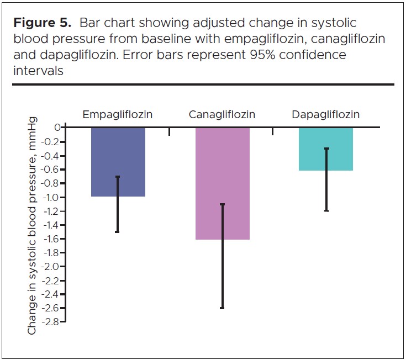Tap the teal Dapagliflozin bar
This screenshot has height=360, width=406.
coord(326,149)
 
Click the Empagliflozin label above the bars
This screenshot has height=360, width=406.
coord(117,115)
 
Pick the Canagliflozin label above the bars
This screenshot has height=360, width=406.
coord(222,115)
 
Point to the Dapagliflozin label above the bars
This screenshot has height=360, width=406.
coord(326,115)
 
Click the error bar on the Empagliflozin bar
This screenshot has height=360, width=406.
coord(118,204)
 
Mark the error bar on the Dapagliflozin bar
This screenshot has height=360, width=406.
coord(326,179)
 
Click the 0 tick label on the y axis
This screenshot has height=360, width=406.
coord(57,128)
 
